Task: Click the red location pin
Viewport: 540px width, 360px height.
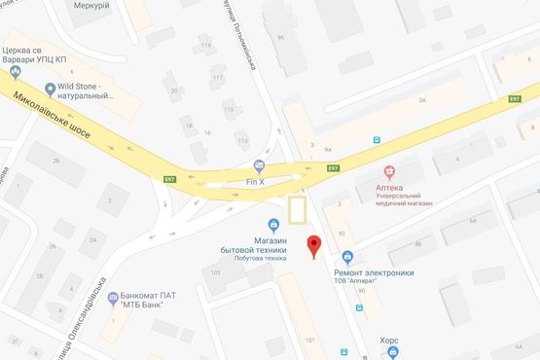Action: [x=313, y=246]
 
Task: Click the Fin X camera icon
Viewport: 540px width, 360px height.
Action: [x=257, y=164]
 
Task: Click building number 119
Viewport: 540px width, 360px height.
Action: [x=205, y=46]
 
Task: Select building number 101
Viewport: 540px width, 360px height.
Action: [x=309, y=340]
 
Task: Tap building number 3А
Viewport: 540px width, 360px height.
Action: [x=421, y=99]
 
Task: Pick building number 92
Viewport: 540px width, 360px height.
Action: [x=341, y=234]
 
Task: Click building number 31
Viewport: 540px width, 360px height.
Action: [x=15, y=341]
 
